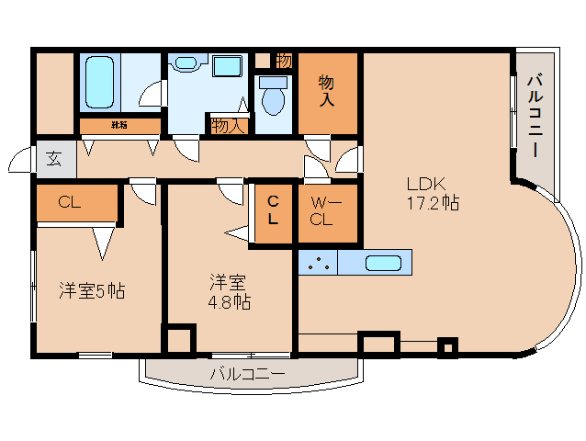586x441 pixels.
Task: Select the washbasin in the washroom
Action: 186,63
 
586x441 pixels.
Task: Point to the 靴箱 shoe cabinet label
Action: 119,125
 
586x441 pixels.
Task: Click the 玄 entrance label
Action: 54,159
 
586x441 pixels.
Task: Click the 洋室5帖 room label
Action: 92,291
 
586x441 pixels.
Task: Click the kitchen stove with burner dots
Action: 319,263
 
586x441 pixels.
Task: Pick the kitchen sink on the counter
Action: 383,263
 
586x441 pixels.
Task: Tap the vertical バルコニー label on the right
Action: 535,117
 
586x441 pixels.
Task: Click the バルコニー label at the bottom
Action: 247,374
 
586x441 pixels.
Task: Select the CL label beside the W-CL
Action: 274,211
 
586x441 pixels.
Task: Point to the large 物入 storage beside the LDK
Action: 326,91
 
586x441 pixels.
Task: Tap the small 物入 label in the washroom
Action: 228,125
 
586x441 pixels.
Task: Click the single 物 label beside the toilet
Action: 284,61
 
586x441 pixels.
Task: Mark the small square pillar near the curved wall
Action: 446,347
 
